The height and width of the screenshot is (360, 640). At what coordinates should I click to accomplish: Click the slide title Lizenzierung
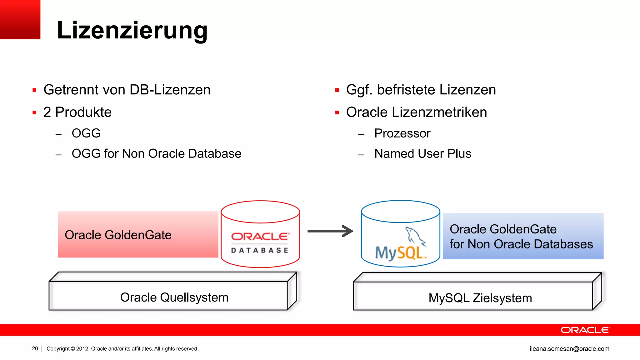click(132, 30)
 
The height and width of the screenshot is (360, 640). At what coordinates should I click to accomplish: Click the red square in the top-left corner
click(20, 19)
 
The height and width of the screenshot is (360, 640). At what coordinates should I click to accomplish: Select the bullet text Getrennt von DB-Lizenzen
click(127, 90)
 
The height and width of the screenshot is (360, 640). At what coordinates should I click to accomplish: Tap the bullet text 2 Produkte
click(77, 112)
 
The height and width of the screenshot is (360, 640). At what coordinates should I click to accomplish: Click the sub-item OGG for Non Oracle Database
click(156, 154)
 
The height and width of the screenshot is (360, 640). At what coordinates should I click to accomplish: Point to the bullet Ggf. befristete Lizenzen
click(421, 90)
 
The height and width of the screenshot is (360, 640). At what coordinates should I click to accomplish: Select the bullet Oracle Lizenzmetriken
click(416, 112)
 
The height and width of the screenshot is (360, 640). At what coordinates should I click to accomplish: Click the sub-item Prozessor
click(402, 133)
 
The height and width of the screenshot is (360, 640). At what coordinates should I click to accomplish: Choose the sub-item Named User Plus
click(422, 154)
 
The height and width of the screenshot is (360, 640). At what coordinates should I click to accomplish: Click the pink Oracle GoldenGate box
click(138, 235)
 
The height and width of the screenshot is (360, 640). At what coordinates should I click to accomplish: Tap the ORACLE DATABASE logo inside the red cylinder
click(260, 242)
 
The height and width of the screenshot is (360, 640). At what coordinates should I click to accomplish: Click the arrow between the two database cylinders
click(330, 231)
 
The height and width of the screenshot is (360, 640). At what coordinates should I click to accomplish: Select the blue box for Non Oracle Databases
click(523, 237)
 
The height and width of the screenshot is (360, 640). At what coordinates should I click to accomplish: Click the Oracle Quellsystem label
click(174, 297)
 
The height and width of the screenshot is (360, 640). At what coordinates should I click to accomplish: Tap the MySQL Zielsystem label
click(480, 298)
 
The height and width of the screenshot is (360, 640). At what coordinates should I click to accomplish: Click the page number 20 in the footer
click(35, 348)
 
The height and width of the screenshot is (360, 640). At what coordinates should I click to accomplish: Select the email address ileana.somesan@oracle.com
click(569, 349)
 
